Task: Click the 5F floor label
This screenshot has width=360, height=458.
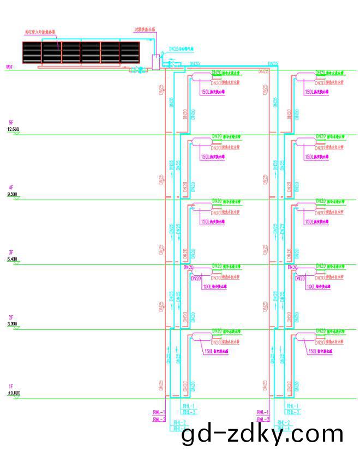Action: coord(10,122)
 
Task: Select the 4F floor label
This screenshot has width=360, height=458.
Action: coord(10,188)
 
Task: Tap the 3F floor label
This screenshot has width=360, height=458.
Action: coord(10,252)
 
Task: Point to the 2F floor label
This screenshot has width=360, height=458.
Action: coord(10,317)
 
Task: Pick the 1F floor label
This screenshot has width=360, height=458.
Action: coord(10,385)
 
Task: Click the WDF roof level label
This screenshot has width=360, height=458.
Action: coord(9,67)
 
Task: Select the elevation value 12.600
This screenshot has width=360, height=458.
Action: coord(14,129)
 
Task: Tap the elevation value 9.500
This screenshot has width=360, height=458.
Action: coord(13,194)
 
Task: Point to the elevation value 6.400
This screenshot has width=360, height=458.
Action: coord(13,259)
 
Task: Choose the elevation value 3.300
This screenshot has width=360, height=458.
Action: coord(13,324)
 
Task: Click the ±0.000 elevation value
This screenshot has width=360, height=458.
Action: coord(14,392)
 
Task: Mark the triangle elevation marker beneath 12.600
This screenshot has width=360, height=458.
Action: coord(17,133)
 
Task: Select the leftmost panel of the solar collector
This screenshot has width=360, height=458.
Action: coord(32,52)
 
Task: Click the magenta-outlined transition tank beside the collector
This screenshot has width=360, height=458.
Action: coord(156,61)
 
